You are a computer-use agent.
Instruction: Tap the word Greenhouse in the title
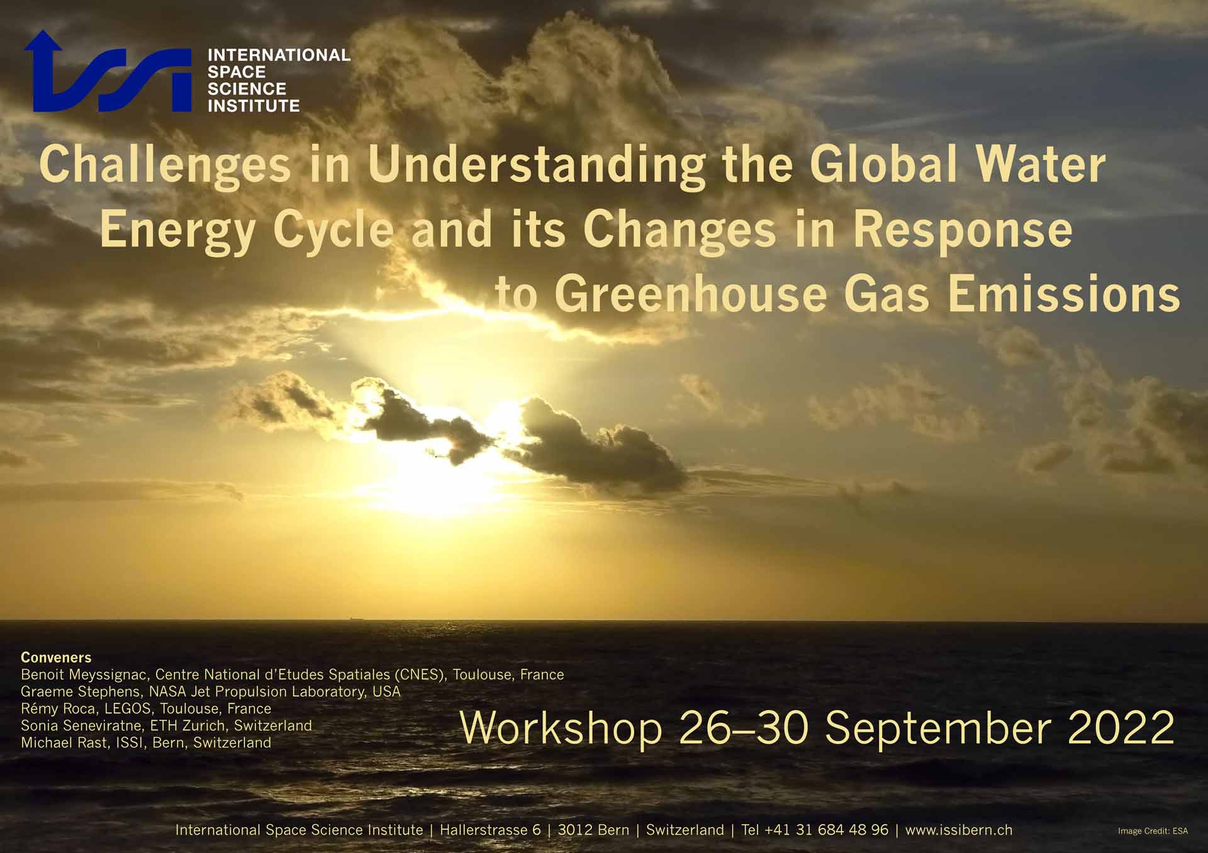[x=690, y=294]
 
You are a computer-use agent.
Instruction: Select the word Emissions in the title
[x=1064, y=294]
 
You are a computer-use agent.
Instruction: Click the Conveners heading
[x=56, y=657]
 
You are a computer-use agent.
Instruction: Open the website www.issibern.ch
[x=959, y=830]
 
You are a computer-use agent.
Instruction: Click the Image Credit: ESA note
[x=1153, y=831]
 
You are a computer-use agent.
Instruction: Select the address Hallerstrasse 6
[x=490, y=830]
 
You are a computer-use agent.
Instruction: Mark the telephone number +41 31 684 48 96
[x=826, y=830]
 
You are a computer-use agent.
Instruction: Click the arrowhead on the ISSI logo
[x=43, y=40]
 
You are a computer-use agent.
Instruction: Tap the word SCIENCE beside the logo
[x=247, y=89]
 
